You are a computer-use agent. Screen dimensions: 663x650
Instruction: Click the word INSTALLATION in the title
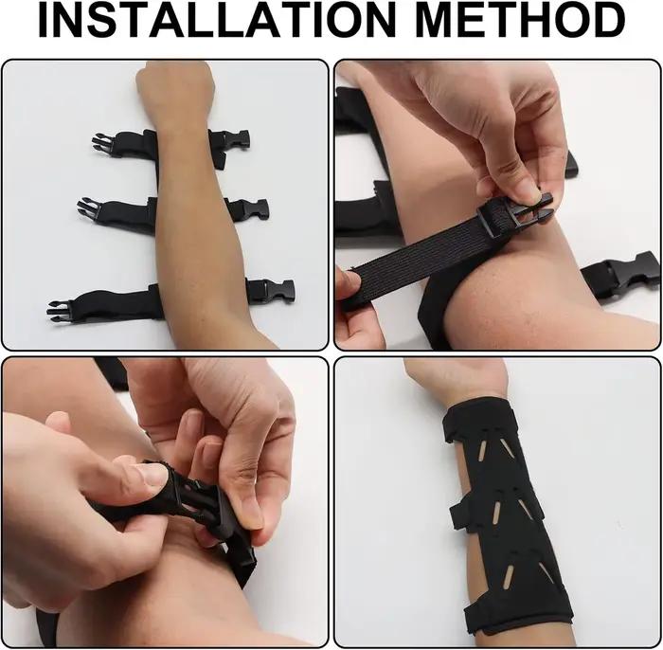point(217,20)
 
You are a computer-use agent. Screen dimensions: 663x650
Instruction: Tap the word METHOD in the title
point(521,20)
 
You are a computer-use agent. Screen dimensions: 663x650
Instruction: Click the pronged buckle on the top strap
point(103,144)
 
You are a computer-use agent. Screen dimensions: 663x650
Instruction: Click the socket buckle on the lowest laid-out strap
point(273,291)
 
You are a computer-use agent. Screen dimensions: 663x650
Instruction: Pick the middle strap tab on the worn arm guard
point(457,515)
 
